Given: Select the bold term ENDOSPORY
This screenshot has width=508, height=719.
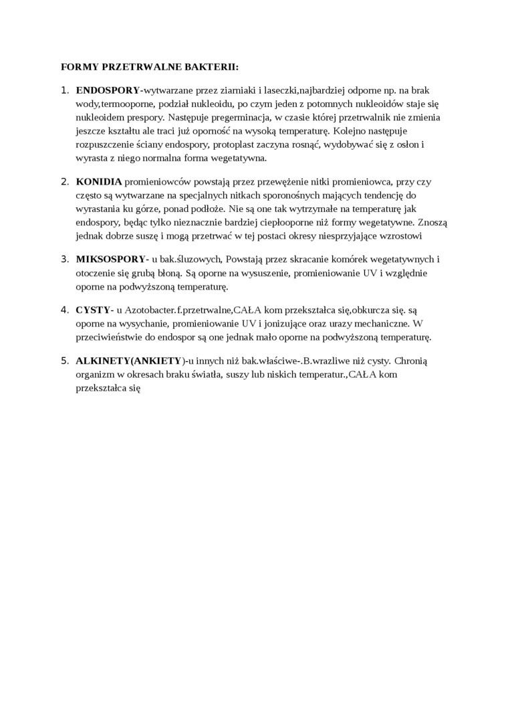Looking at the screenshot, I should point(108,90).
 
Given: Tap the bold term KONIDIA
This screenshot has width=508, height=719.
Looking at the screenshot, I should point(99,181).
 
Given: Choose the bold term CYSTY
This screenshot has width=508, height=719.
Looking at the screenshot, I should point(92,310).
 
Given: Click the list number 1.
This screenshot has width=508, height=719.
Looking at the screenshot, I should point(65,90).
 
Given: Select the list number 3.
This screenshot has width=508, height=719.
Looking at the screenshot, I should point(65,260).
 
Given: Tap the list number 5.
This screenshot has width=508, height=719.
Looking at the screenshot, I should point(65,361).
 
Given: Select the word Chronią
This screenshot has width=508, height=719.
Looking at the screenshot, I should point(410,361).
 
